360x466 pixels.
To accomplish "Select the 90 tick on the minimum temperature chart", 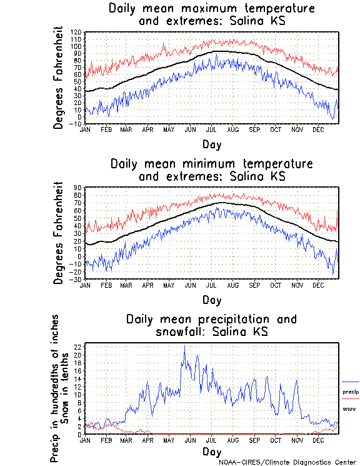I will tap(79, 188).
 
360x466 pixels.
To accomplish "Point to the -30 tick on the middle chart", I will tap(77, 279).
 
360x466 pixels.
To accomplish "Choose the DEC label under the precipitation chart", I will tap(318, 440).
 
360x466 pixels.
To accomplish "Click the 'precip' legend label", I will tap(351, 392).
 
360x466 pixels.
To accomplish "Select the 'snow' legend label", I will tap(348, 409).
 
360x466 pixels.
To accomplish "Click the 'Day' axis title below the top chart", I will tap(211, 144).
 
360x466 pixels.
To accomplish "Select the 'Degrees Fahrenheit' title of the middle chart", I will tap(59, 233).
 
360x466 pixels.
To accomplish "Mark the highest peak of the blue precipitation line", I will tap(184, 346).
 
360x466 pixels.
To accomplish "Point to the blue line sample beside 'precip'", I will tap(351, 382).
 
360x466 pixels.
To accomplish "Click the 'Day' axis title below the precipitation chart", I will tap(211, 451).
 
